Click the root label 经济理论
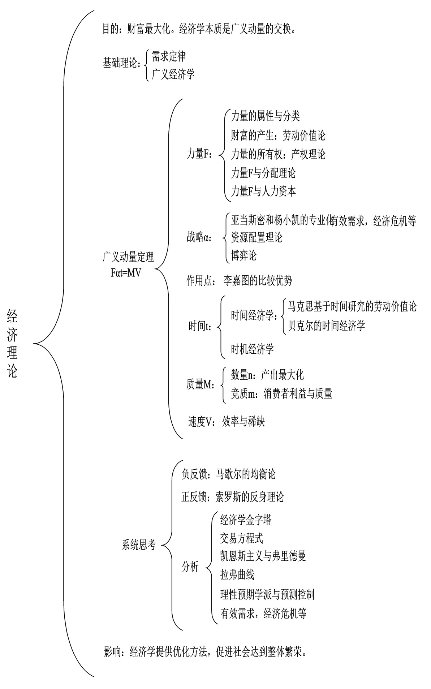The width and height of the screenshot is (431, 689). pyautogui.click(x=13, y=344)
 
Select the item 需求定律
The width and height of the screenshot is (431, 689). pyautogui.click(x=168, y=56)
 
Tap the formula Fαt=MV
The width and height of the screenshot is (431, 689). pyautogui.click(x=126, y=272)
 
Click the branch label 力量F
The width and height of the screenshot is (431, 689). pyautogui.click(x=199, y=154)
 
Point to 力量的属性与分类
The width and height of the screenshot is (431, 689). pyautogui.click(x=265, y=116)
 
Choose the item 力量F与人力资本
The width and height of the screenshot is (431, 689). pyautogui.click(x=263, y=191)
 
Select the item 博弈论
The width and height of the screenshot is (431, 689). pyautogui.click(x=243, y=255)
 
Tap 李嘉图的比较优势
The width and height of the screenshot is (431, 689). pyautogui.click(x=258, y=281)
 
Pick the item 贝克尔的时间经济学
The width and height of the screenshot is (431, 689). pyautogui.click(x=326, y=326)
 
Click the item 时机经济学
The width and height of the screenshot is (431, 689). pyautogui.click(x=252, y=349)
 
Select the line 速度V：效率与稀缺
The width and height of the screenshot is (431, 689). pyautogui.click(x=227, y=421)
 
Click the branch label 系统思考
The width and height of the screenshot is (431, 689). pyautogui.click(x=139, y=545)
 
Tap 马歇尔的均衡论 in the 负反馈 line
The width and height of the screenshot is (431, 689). pyautogui.click(x=246, y=474)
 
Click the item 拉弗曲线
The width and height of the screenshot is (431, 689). pyautogui.click(x=237, y=574)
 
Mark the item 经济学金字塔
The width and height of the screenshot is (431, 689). pyautogui.click(x=246, y=520)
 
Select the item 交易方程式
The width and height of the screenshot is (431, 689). pyautogui.click(x=241, y=538)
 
